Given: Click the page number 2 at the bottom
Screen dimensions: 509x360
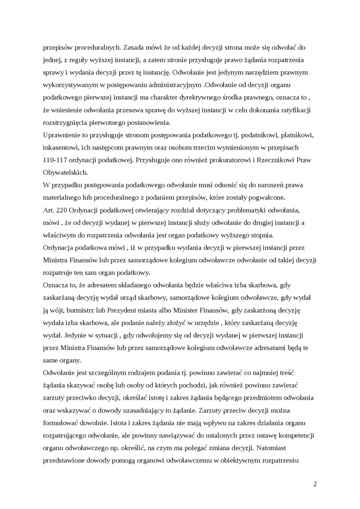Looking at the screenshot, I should pos(315,484).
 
